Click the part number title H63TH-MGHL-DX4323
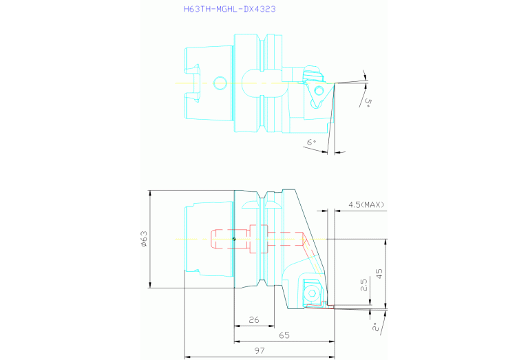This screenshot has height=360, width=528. (230, 9)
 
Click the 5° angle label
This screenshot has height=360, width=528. (368, 102)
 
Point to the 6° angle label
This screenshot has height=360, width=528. (311, 142)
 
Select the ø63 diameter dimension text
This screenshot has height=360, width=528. (144, 239)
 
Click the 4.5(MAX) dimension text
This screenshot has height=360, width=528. (366, 204)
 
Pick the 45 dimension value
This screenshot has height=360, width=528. (379, 273)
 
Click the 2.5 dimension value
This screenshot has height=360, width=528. (364, 285)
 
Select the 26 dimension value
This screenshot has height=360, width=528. (254, 319)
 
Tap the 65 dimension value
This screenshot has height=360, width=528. (284, 335)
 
